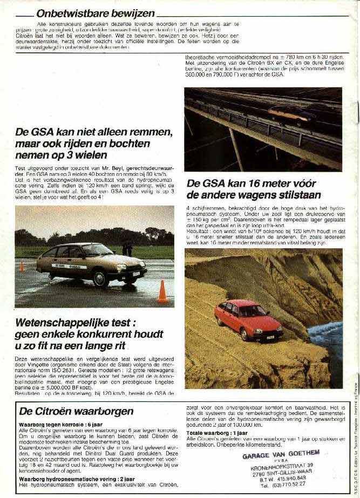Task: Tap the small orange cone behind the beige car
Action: coord(22,265)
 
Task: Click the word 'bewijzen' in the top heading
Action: coord(132,13)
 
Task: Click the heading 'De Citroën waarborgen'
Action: coord(76,411)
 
